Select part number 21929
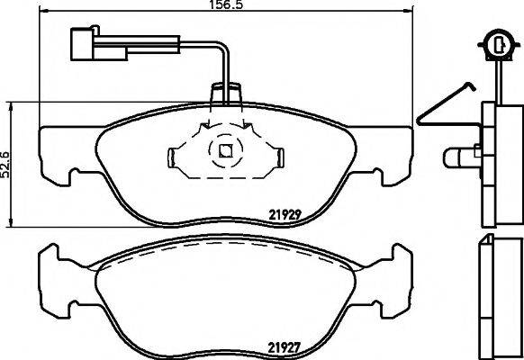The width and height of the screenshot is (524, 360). click(285, 213)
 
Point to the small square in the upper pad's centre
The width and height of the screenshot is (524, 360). click(225, 151)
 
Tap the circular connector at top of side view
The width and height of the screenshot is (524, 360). click(493, 41)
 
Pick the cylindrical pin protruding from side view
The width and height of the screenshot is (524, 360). click(459, 157)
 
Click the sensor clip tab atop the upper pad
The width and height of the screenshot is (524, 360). click(225, 93)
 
